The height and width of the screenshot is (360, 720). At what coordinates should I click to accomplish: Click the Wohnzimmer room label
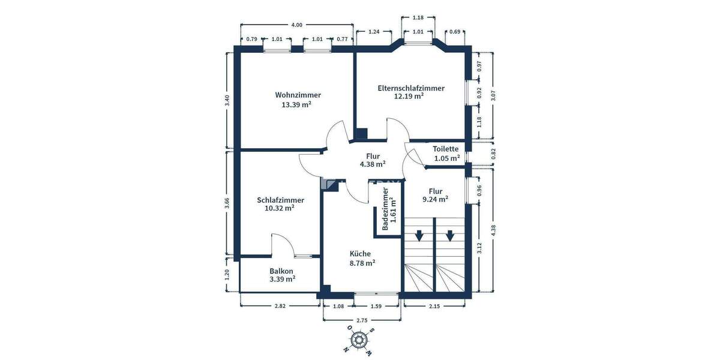298,95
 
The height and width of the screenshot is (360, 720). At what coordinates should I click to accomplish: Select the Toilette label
446,149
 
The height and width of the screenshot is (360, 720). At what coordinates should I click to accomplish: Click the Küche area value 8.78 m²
362,262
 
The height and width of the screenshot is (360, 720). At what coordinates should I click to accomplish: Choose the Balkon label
281,271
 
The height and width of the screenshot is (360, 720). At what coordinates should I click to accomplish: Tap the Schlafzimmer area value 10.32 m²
280,208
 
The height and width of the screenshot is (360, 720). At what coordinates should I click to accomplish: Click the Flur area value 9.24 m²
435,199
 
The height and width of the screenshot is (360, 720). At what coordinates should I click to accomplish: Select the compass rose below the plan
359,340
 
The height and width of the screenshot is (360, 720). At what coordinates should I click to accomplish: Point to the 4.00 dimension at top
296,25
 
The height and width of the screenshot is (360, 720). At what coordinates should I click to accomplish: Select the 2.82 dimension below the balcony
280,307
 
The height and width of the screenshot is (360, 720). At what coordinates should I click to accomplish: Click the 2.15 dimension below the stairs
434,307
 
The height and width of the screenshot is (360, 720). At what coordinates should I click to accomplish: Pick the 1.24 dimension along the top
374,31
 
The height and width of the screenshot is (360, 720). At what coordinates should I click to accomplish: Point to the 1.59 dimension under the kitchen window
376,307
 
